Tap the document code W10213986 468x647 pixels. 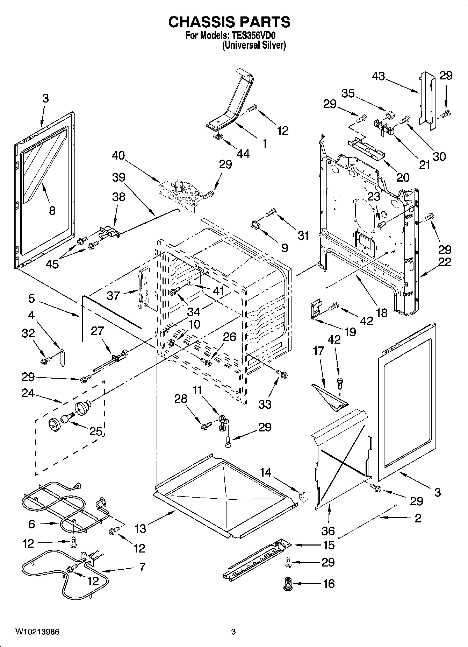37,632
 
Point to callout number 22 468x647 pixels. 444,262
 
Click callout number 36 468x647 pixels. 328,530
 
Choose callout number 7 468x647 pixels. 142,566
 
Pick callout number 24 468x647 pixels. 28,393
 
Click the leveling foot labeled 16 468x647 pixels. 288,584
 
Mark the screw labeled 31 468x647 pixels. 271,212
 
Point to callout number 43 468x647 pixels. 378,76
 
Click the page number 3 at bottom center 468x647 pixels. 233,632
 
